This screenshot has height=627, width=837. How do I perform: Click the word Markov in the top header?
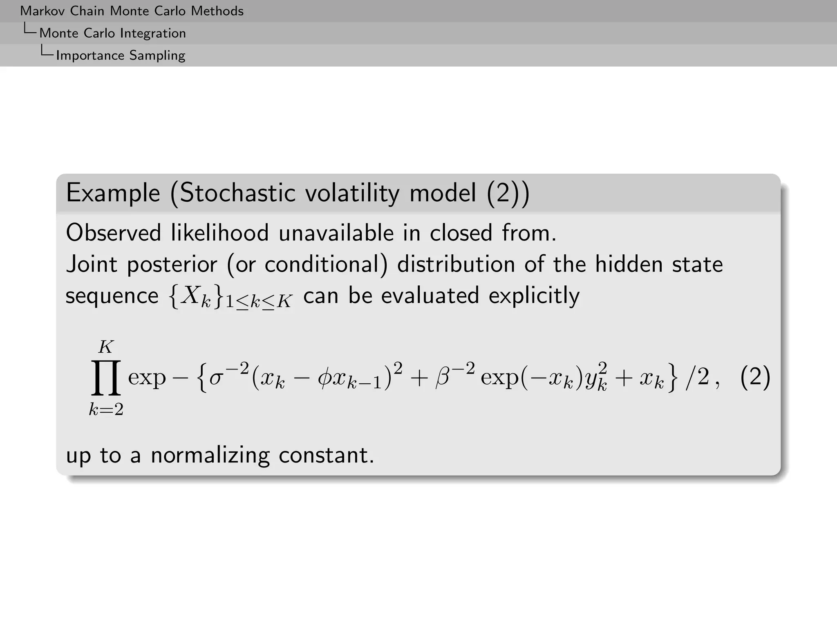pos(43,11)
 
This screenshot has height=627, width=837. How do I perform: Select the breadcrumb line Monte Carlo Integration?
pos(112,33)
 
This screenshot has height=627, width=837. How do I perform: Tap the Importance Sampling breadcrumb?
pos(121,55)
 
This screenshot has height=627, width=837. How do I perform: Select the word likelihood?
pos(219,233)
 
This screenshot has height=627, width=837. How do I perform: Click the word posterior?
pos(172,265)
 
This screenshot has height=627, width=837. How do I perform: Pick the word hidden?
pos(629,264)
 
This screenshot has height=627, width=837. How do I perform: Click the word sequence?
pos(112,296)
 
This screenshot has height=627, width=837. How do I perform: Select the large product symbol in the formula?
pos(106,378)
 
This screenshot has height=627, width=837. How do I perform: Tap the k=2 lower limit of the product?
pos(106,409)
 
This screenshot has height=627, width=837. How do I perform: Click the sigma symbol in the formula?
pos(216,378)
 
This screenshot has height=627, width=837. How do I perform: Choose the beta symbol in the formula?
pos(443,377)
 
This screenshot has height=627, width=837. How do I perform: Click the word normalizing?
pos(210,455)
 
